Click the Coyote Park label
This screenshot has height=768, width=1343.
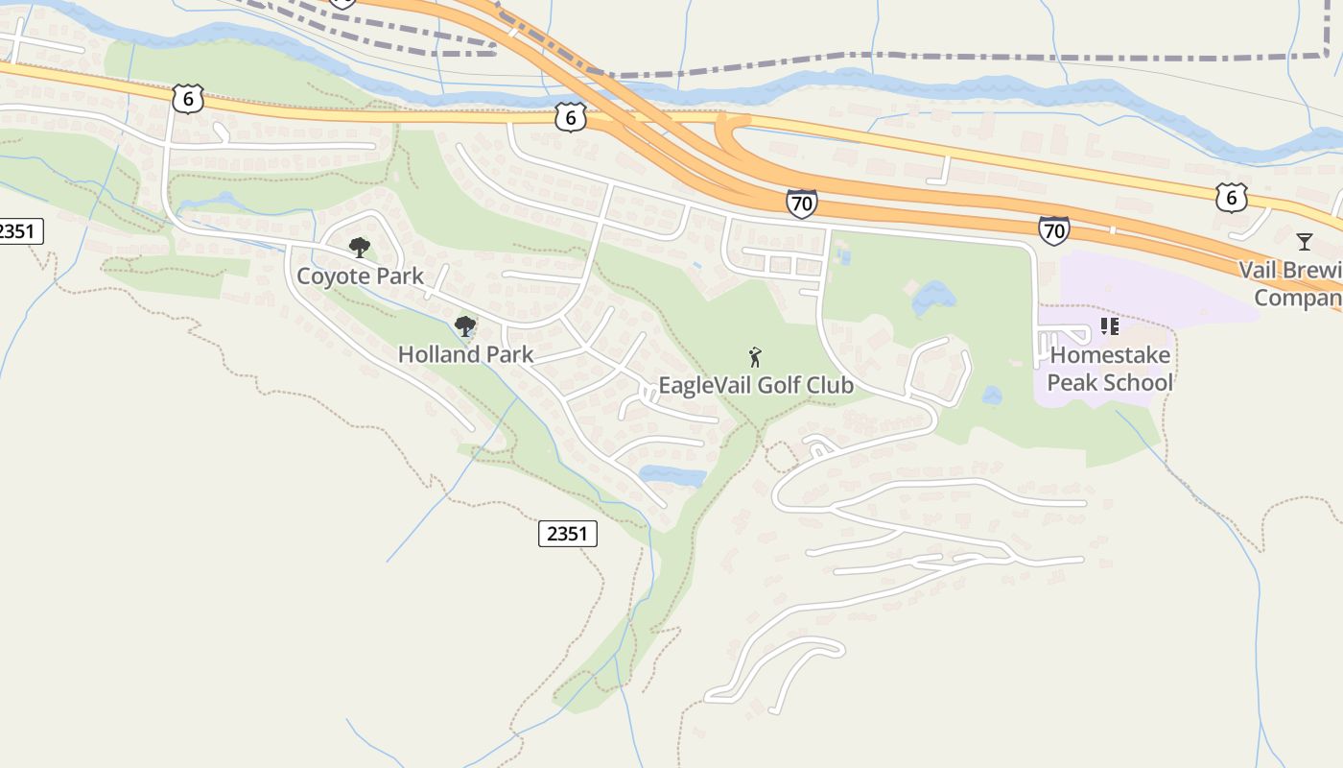pyautogui.click(x=360, y=276)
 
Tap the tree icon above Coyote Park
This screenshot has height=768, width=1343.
pyautogui.click(x=360, y=249)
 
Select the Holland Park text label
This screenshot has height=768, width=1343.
pyautogui.click(x=465, y=354)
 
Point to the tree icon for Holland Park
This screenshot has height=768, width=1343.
pyautogui.click(x=465, y=326)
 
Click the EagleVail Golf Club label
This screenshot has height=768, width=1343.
pyautogui.click(x=755, y=386)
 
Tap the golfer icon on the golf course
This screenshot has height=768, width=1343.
pyautogui.click(x=755, y=358)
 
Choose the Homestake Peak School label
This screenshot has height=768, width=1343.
pyautogui.click(x=1110, y=369)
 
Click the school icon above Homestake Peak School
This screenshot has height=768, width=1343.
pyautogui.click(x=1110, y=326)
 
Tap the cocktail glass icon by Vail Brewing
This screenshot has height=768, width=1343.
pyautogui.click(x=1304, y=241)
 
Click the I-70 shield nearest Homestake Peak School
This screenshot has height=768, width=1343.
pyautogui.click(x=1053, y=230)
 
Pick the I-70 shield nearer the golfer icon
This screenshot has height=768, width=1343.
pyautogui.click(x=801, y=204)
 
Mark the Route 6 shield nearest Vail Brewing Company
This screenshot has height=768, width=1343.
pyautogui.click(x=1231, y=198)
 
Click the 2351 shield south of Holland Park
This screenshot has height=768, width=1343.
pyautogui.click(x=567, y=534)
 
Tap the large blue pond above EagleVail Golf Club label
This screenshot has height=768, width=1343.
pyautogui.click(x=933, y=298)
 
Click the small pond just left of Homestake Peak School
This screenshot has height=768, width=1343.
pyautogui.click(x=992, y=396)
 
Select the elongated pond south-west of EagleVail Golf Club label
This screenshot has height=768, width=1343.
pyautogui.click(x=672, y=476)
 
